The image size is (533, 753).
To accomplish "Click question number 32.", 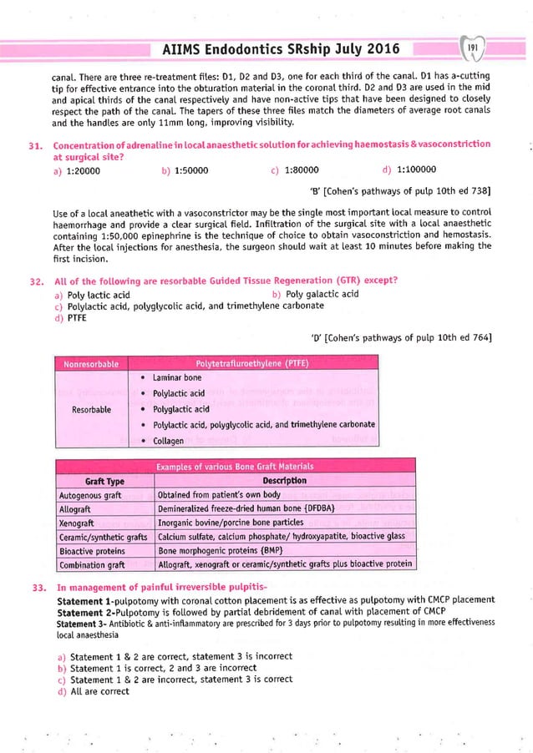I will point(35,278).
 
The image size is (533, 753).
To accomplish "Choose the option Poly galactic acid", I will point(322,294).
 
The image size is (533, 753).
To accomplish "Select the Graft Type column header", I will point(104,480).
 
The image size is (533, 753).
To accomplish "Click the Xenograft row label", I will point(80,523).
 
